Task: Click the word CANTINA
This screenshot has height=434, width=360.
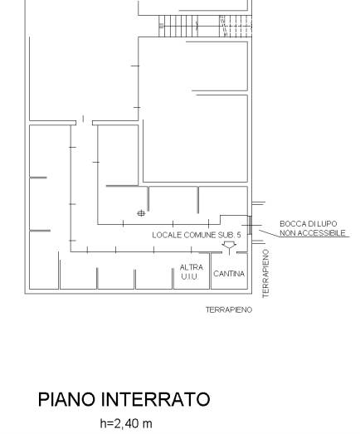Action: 229,274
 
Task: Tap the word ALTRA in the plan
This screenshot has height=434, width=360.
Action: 192,267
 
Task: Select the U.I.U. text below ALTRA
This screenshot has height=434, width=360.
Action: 189,276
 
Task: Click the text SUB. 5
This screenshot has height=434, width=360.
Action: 230,235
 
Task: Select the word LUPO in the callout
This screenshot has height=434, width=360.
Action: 328,224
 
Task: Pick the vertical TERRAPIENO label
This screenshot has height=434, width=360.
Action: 265,274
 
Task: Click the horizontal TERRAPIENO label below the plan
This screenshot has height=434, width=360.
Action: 229,310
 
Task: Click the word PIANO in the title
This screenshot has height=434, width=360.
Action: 67,399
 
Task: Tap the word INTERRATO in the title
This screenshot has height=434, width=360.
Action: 156,399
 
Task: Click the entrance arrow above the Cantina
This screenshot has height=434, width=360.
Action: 229,247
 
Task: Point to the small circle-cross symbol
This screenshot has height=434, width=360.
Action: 141,213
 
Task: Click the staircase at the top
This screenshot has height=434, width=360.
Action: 206,26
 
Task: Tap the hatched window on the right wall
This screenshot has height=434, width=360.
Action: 250,225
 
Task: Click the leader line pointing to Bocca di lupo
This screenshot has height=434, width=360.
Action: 269,233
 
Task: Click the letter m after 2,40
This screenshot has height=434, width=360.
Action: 147,424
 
